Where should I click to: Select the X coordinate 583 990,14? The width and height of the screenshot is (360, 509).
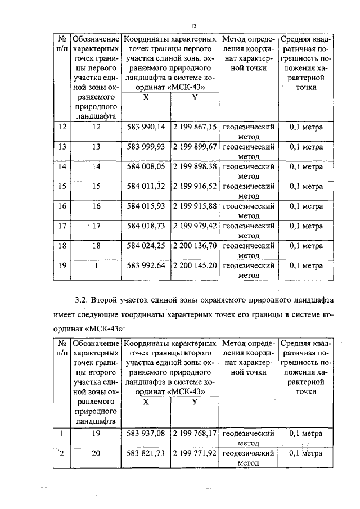146,127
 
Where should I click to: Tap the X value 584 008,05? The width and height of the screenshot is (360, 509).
146,166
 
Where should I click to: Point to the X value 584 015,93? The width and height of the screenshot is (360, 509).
146,206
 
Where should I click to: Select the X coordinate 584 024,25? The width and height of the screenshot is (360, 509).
146,245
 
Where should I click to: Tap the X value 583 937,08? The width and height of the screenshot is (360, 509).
146,434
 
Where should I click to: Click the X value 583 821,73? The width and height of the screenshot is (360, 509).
146,453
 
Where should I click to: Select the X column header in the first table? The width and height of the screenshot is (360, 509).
146,96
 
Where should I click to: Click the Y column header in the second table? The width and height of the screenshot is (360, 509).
195,402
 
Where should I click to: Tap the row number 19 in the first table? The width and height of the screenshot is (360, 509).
61,265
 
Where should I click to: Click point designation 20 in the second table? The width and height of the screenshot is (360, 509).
96,453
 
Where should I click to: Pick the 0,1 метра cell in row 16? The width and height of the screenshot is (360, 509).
306,206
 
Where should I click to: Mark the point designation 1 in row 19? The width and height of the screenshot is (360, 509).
96,265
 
